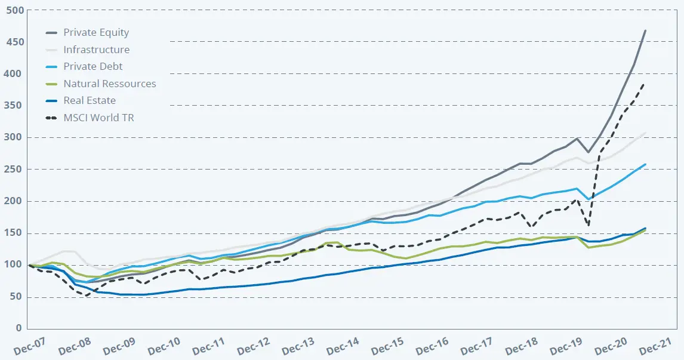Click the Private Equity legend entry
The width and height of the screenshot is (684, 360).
(x=96, y=33)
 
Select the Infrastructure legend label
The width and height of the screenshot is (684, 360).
(x=96, y=50)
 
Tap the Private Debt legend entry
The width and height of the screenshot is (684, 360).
(x=93, y=67)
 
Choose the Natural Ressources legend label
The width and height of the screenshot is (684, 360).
(x=109, y=84)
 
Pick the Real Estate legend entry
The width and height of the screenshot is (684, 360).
(x=90, y=101)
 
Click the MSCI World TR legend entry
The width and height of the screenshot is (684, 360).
(x=98, y=118)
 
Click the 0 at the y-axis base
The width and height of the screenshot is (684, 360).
(x=19, y=328)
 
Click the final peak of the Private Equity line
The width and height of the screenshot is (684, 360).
(x=645, y=30)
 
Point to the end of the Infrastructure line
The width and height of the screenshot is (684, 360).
(x=645, y=133)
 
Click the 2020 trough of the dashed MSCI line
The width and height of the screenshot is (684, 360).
(x=589, y=225)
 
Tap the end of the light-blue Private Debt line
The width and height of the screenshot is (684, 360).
(x=645, y=164)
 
